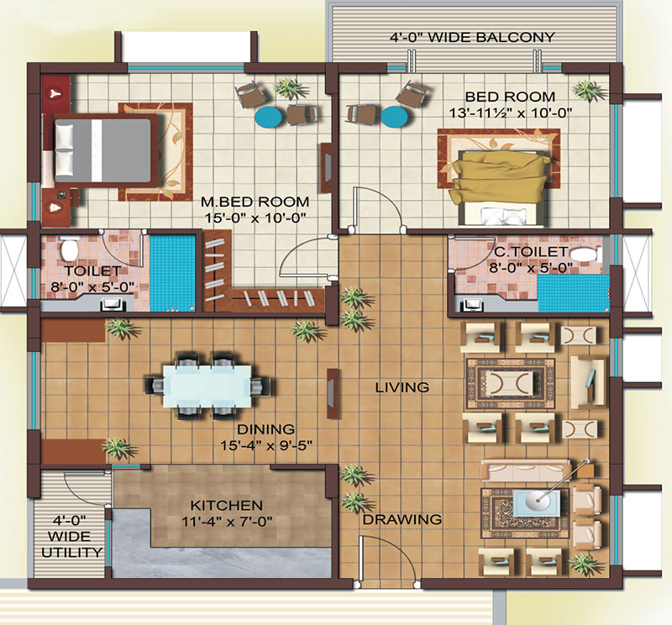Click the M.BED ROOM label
(x=255, y=202)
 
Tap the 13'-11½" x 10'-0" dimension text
(x=511, y=113)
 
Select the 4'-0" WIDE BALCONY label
(x=472, y=37)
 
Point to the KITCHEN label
(x=226, y=506)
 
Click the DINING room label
(x=265, y=429)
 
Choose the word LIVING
(x=402, y=387)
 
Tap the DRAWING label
(x=402, y=519)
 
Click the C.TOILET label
(x=531, y=252)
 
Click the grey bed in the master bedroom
(x=102, y=150)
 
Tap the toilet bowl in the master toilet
(x=68, y=249)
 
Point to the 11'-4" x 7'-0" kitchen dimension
(x=227, y=523)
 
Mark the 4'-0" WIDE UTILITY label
(x=72, y=537)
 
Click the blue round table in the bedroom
(x=393, y=117)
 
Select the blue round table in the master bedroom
(x=268, y=117)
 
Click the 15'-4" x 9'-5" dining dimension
(x=266, y=446)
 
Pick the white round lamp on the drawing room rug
(x=537, y=498)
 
